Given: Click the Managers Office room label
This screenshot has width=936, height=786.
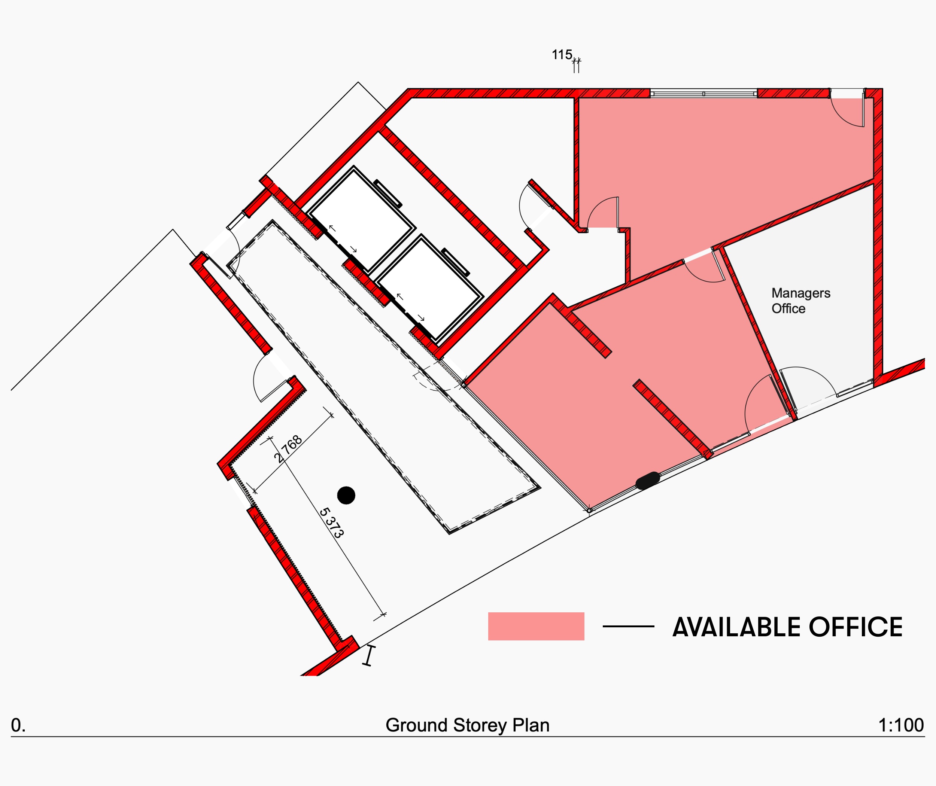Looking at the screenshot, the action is (x=801, y=301).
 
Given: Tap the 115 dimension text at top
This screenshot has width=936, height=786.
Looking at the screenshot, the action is (x=562, y=55).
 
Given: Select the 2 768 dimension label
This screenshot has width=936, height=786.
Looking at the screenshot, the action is (x=288, y=449).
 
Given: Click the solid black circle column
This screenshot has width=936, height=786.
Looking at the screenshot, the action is (x=346, y=495).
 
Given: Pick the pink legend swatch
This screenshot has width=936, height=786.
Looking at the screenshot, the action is (x=536, y=627).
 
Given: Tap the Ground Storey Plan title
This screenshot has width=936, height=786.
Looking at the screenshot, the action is (x=468, y=725).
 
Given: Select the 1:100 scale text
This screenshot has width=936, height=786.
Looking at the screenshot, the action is (x=901, y=725).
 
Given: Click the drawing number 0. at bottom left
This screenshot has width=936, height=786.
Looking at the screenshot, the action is (x=18, y=725).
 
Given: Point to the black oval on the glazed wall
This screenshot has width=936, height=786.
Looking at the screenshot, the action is (x=648, y=480).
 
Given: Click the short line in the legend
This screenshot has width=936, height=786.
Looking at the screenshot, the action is (x=629, y=627).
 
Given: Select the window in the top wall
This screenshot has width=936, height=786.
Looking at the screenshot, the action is (x=704, y=94).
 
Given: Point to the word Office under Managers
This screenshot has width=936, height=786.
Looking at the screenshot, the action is (x=788, y=308).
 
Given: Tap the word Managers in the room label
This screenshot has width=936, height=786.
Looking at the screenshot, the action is (x=801, y=293).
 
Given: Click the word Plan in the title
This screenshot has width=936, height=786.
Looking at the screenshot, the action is (x=531, y=725).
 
